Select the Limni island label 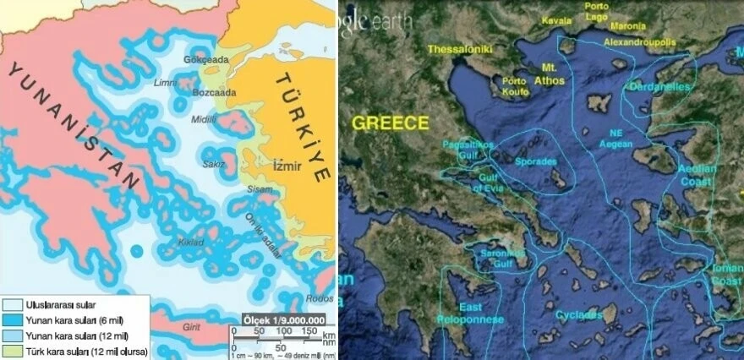pyautogui.click(x=166, y=82)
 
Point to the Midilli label pyautogui.click(x=204, y=118)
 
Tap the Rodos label pyautogui.click(x=318, y=297)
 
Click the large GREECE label pyautogui.click(x=390, y=123)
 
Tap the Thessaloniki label pyautogui.click(x=460, y=50)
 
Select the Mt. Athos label pyautogui.click(x=550, y=74)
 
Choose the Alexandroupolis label pyautogui.click(x=639, y=41)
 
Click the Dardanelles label pyautogui.click(x=660, y=87)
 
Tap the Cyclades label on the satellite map pyautogui.click(x=579, y=315)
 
